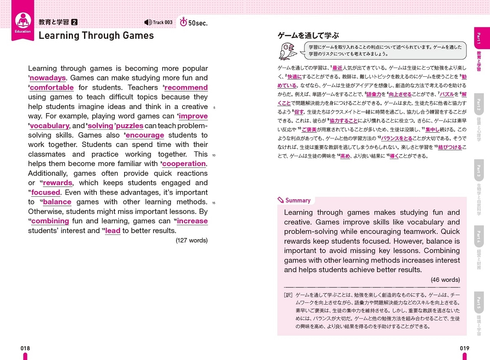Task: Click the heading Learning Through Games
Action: (96, 36)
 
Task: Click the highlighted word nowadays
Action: (48, 78)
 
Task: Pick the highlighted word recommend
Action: (186, 87)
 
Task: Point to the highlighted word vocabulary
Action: (49, 126)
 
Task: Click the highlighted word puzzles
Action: (130, 126)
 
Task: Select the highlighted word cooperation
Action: (184, 164)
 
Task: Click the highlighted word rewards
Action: (58, 183)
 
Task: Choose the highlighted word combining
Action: (50, 221)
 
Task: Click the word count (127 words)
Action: (192, 240)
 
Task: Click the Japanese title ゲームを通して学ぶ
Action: (308, 36)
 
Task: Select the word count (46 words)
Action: (445, 280)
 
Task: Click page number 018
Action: (25, 348)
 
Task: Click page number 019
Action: (464, 348)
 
